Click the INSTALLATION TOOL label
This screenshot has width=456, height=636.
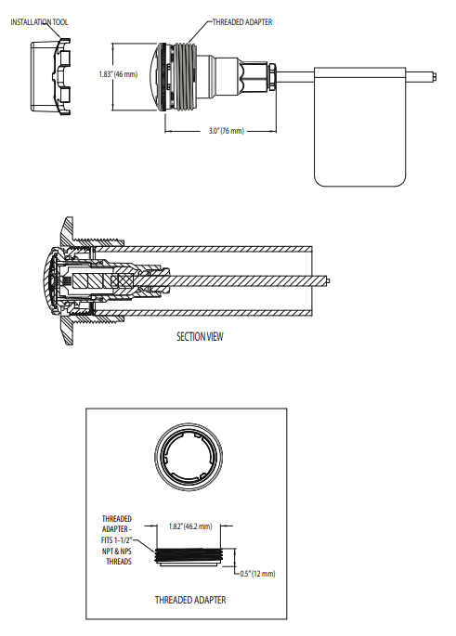tap(39, 22)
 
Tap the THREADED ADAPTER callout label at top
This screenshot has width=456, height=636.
tap(242, 22)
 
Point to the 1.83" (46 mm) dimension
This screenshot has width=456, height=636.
tap(118, 74)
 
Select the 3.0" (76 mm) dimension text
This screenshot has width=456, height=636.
tap(227, 131)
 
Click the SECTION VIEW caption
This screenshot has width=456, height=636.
tap(200, 337)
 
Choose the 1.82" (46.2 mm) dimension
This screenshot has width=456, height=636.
tap(190, 526)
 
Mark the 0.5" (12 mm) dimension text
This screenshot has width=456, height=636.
tap(257, 574)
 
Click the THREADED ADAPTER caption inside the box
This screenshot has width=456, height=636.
tap(190, 600)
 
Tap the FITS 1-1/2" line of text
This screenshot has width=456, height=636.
tap(117, 540)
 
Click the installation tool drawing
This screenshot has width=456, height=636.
tap(51, 76)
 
